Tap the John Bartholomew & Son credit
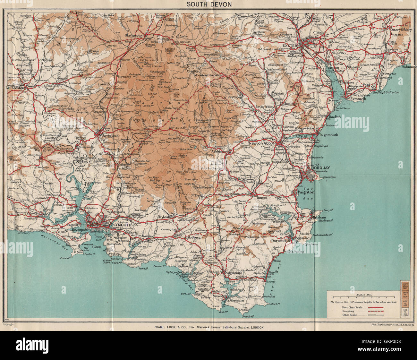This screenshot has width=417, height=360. pos(389,325)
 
